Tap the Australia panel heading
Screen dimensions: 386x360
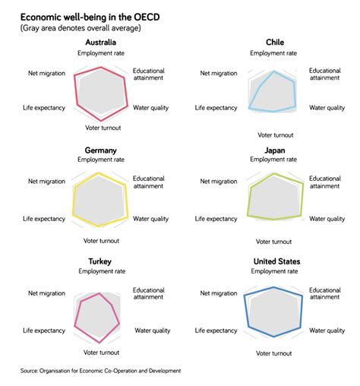point(102,42)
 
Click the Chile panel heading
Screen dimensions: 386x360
point(276,42)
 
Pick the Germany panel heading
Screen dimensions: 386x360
point(102,150)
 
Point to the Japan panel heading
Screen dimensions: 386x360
point(274,150)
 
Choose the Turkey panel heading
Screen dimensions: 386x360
point(100,261)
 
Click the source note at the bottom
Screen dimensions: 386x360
point(100,371)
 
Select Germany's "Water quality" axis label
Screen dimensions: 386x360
point(151,218)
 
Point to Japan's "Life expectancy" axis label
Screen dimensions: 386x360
point(216,218)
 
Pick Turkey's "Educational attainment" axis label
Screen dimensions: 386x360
point(150,294)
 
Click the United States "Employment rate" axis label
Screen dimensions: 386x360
point(274,271)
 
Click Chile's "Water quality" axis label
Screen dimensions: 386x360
point(327,108)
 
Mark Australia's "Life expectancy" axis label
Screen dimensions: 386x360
point(44,108)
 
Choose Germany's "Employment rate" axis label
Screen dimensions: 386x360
point(100,160)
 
